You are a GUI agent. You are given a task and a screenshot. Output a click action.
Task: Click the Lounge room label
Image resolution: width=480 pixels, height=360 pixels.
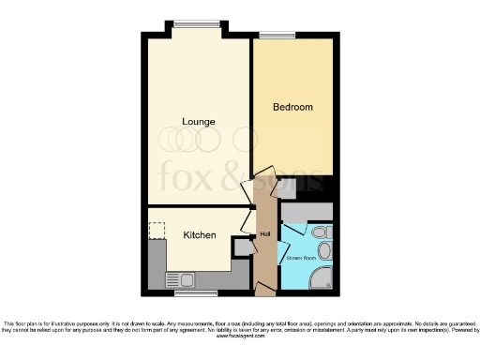(199, 122)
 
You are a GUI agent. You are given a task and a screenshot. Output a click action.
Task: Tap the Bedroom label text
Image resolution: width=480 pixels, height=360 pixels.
(292, 108)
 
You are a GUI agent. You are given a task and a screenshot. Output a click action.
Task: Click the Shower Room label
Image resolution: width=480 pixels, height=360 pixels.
(301, 256)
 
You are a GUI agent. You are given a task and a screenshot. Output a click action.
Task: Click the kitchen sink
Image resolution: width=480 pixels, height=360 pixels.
(179, 279)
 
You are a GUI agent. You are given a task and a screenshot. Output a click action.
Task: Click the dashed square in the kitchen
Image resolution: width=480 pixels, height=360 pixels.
(157, 231)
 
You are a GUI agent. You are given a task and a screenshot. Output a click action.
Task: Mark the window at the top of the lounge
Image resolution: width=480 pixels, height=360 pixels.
(196, 24)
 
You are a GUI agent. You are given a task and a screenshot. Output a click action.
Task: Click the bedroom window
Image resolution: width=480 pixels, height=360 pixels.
(277, 36)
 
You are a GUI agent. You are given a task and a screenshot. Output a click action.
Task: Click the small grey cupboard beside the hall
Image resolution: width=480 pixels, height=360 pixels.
(242, 247)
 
